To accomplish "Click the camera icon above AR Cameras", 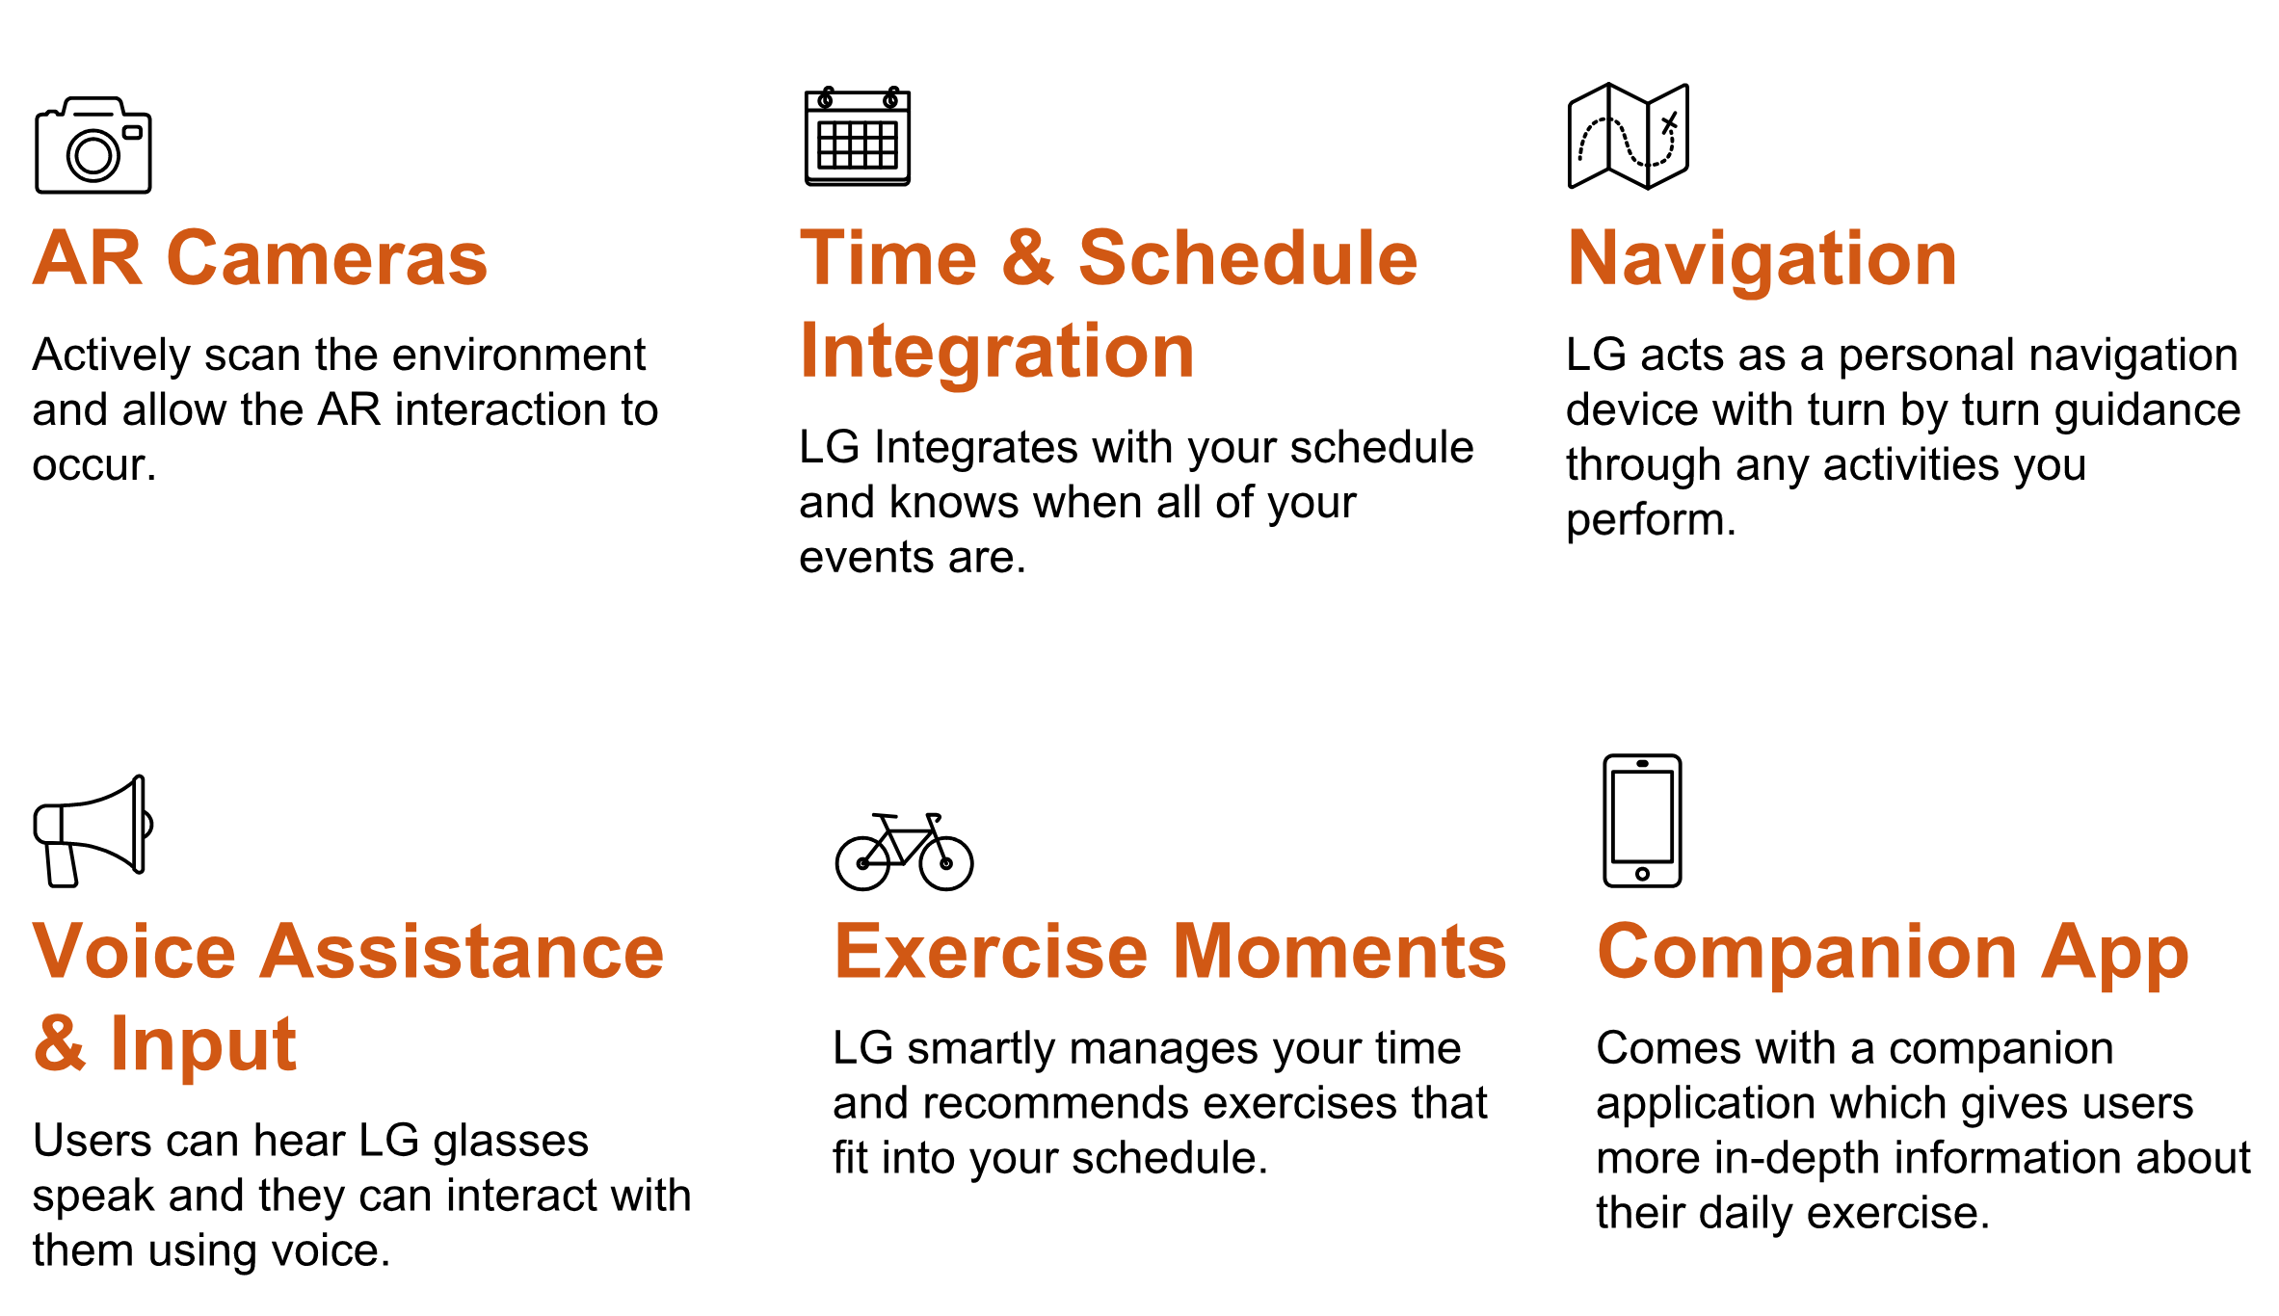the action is pos(93,145).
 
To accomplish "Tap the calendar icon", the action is pos(858,136).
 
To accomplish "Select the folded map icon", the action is pos(1629,136).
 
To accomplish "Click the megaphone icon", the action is pos(93,830).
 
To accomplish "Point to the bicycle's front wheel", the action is pos(946,863).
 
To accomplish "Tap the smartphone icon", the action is pos(1642,820).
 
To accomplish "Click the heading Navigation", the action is pos(1762,260).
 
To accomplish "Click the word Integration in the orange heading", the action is pos(997,353).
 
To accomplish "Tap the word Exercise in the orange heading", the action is pos(992,951).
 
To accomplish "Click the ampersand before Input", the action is pos(60,1043).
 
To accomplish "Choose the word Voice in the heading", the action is pos(134,951).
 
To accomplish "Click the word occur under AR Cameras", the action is pos(93,466).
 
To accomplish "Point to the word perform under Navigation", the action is pos(1651,521).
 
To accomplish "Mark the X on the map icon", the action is pos(1670,122).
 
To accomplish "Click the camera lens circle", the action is pos(93,154).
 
